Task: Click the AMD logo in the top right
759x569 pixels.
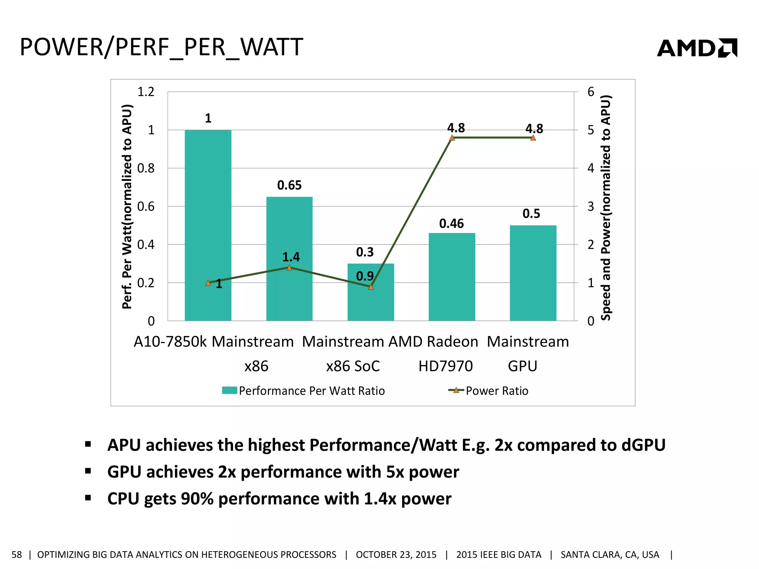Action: point(697,48)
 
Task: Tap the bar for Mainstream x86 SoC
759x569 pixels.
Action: point(371,304)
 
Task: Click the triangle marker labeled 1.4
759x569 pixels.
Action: point(289,267)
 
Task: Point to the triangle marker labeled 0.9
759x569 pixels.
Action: point(371,287)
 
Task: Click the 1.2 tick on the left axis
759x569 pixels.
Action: point(146,91)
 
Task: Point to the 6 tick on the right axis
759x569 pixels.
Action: point(591,91)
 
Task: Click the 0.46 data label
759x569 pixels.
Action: point(451,223)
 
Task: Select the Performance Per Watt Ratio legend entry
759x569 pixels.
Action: point(304,391)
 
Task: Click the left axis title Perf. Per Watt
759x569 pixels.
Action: point(127,206)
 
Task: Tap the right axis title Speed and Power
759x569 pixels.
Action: point(606,207)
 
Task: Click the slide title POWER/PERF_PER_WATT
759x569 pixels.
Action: point(162,47)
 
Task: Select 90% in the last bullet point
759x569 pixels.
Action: point(197,499)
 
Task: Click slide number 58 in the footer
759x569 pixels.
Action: point(17,555)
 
